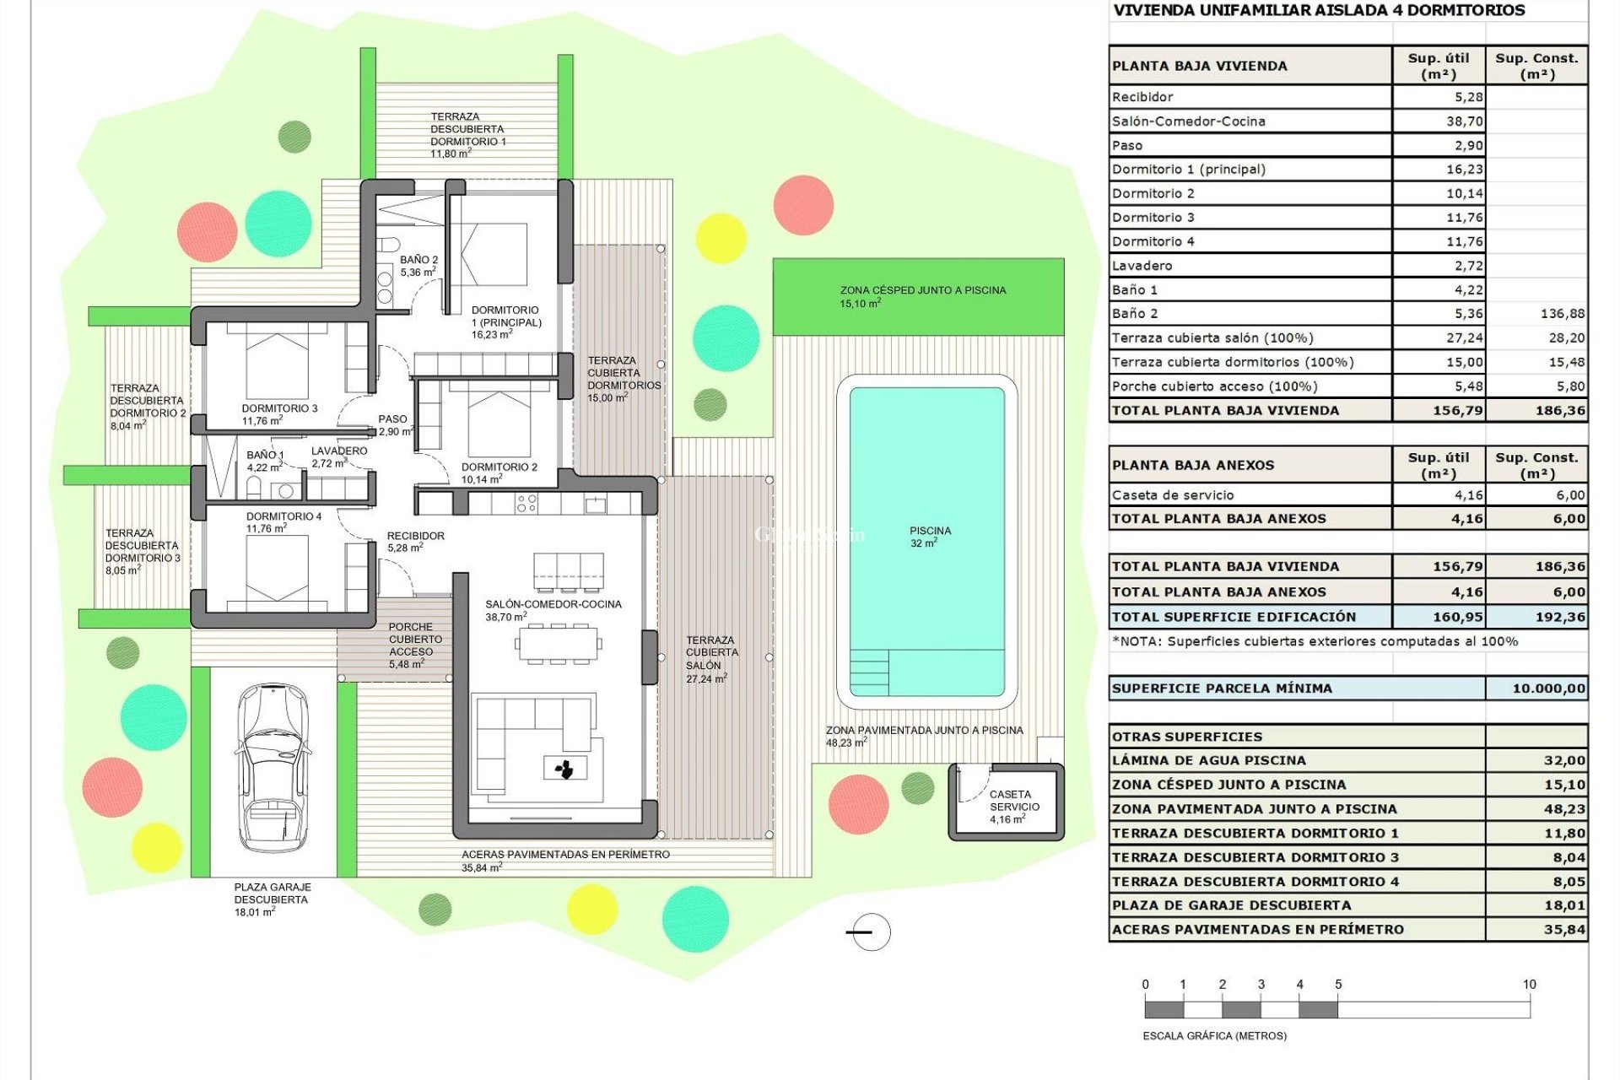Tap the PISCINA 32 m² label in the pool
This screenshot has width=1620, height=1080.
tap(930, 537)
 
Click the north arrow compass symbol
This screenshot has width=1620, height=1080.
tap(869, 931)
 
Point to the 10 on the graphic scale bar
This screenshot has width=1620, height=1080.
tap(1529, 984)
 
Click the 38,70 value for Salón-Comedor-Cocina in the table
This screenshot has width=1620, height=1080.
tap(1464, 121)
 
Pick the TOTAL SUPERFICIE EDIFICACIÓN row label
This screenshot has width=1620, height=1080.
tap(1234, 617)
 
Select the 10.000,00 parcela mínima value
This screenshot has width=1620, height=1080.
tap(1548, 688)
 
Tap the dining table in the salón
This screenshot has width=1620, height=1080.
tap(558, 644)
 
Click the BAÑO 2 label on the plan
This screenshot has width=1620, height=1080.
tap(418, 266)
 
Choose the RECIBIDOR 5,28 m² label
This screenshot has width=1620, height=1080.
tap(415, 541)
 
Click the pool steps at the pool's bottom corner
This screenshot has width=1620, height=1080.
tap(869, 672)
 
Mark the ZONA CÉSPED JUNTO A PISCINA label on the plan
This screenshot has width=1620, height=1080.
tap(922, 295)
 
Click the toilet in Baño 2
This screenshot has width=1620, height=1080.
tap(389, 246)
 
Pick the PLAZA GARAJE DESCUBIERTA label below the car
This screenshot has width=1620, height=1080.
tap(272, 899)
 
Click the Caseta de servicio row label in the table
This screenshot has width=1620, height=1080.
tap(1173, 495)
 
